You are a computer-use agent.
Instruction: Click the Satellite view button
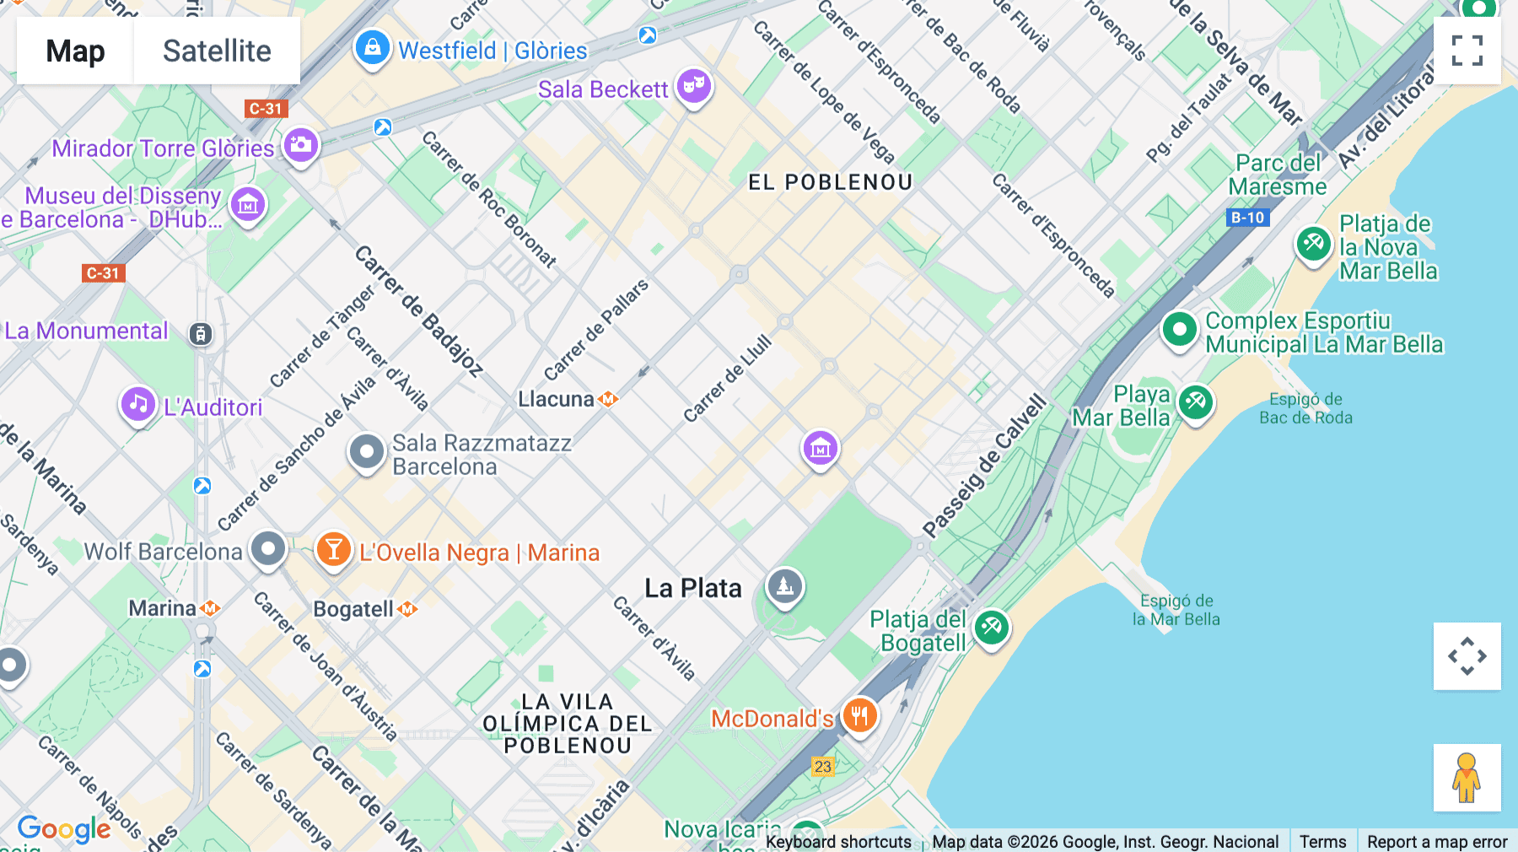tap(217, 51)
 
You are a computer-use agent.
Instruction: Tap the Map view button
tap(75, 51)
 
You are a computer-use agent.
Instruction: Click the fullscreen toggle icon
tap(1467, 51)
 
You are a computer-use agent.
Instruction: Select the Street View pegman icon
tap(1467, 777)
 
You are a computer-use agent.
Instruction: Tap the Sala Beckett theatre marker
tap(694, 85)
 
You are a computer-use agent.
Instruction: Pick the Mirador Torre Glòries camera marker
tap(301, 145)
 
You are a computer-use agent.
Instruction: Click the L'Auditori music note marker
tap(138, 404)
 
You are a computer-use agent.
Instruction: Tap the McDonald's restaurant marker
tap(859, 716)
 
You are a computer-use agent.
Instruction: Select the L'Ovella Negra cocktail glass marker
tap(333, 549)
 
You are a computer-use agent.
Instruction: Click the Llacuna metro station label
tap(557, 399)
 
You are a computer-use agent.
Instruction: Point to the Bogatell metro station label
tap(353, 609)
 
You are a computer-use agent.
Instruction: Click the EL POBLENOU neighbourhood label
tap(830, 182)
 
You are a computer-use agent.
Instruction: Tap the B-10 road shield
tap(1247, 218)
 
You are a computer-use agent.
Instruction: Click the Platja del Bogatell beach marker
tap(992, 628)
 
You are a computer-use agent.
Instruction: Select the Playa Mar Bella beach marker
tap(1195, 402)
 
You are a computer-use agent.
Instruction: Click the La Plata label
tap(693, 588)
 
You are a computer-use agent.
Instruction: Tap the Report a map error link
tap(1436, 841)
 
